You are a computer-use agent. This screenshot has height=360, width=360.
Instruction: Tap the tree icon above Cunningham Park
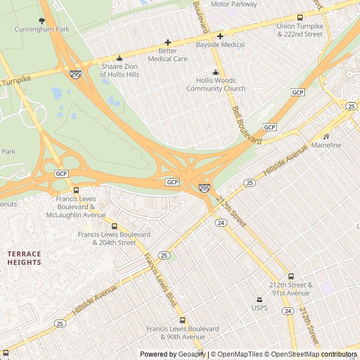pyautogui.click(x=42, y=21)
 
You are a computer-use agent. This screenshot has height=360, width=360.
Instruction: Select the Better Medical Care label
pyautogui.click(x=168, y=55)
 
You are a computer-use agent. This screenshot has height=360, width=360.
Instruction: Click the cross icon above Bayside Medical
pyautogui.click(x=220, y=36)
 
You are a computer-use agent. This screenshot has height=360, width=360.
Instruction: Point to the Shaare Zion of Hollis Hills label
pyautogui.click(x=119, y=70)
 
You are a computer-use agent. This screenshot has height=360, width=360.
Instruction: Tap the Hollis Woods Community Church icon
pyautogui.click(x=215, y=72)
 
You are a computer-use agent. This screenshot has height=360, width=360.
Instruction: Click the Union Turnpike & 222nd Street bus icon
pyautogui.click(x=300, y=18)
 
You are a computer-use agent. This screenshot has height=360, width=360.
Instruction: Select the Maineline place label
pyautogui.click(x=326, y=145)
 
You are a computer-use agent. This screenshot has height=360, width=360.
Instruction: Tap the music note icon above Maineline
pyautogui.click(x=326, y=137)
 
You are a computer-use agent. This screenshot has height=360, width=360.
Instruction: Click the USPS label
pyautogui.click(x=259, y=308)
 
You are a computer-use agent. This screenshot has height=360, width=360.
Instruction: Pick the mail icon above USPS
pyautogui.click(x=259, y=300)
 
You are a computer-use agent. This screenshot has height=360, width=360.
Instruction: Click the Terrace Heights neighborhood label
pyautogui.click(x=24, y=258)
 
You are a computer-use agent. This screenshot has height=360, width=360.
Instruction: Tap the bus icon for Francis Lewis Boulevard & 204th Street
pyautogui.click(x=114, y=226)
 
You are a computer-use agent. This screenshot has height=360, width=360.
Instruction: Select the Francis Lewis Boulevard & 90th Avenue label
pyautogui.click(x=182, y=332)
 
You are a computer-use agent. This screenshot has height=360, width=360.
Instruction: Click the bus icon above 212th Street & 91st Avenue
pyautogui.click(x=291, y=276)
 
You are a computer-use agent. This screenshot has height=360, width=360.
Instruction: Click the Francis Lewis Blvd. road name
pyautogui.click(x=160, y=280)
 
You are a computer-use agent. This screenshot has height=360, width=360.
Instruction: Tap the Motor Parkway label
pyautogui.click(x=235, y=4)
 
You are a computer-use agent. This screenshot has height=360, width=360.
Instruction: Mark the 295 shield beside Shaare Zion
pyautogui.click(x=75, y=74)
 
